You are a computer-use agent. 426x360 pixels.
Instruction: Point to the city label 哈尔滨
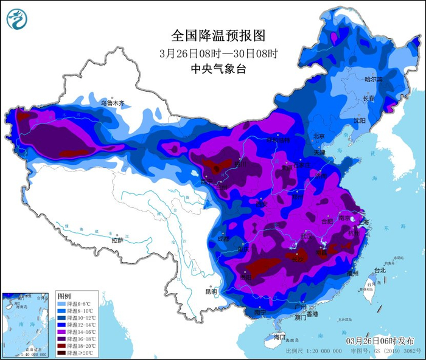pyautogui.click(x=373, y=80)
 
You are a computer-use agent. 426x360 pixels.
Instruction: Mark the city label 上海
pyautogui.click(x=365, y=222)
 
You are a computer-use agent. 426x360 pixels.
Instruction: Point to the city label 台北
pyautogui.click(x=379, y=270)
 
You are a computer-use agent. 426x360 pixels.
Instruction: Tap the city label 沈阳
pyautogui.click(x=359, y=121)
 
